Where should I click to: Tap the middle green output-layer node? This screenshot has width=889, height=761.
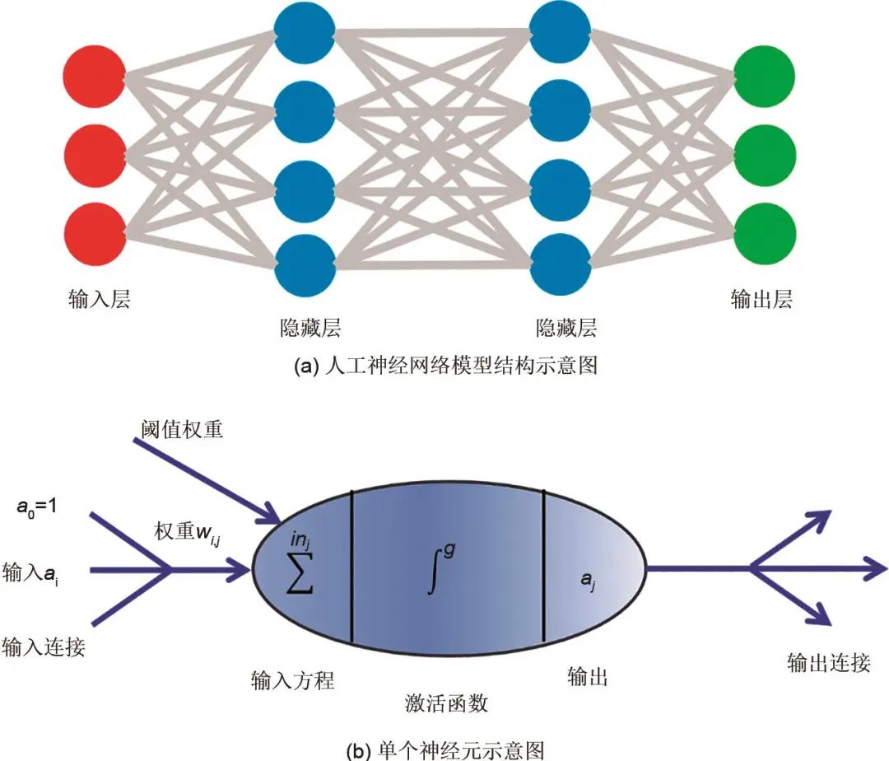coord(766,153)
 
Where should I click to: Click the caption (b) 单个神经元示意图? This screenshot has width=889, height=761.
coord(445,749)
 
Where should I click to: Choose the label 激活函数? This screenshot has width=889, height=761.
coord(447,703)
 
